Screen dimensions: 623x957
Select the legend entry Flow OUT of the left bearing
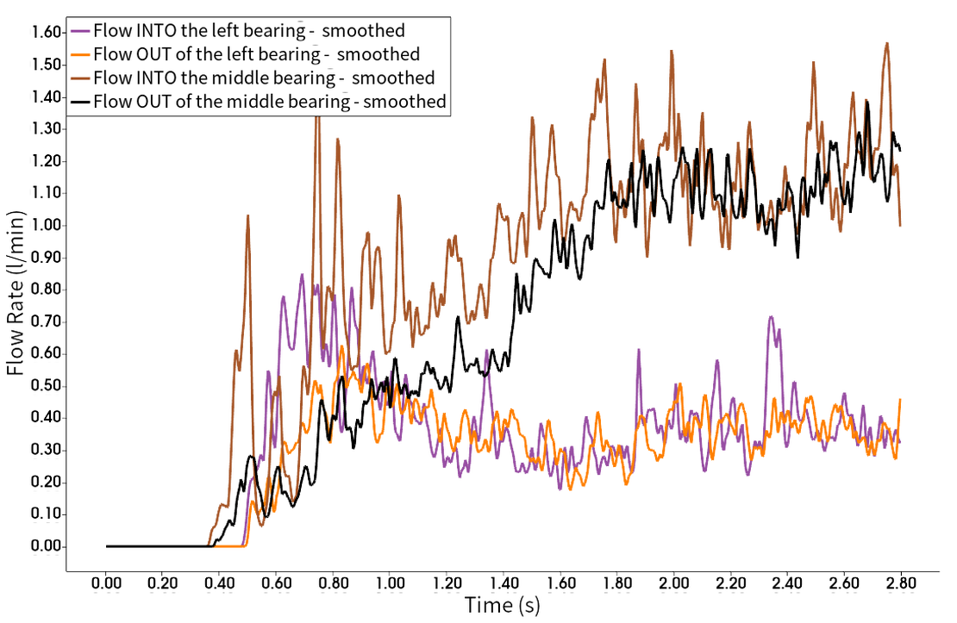coord(247,54)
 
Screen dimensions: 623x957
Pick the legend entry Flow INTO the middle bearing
coord(264,78)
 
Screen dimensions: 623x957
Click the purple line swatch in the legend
coord(81,31)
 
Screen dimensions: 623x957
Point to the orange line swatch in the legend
coord(81,54)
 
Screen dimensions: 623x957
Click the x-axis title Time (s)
coord(505,606)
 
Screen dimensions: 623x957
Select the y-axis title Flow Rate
coord(17,293)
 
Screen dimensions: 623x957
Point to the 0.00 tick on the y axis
coord(45,545)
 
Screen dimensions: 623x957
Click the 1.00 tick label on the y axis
coord(45,225)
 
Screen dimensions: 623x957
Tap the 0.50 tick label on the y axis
coord(45,385)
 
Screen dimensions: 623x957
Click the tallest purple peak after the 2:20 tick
coord(770,316)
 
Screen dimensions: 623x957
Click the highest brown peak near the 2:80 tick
coord(886,41)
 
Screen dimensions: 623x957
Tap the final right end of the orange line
coord(902,398)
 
